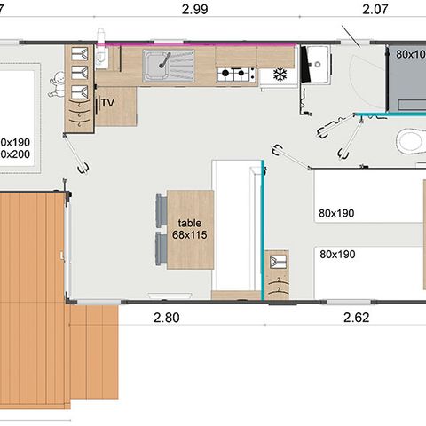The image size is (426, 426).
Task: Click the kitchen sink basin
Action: coord(162,63)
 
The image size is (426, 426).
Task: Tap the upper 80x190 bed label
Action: coord(336,213)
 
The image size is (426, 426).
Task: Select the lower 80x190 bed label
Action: coord(336,255)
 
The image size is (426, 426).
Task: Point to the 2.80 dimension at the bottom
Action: coord(166,317)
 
